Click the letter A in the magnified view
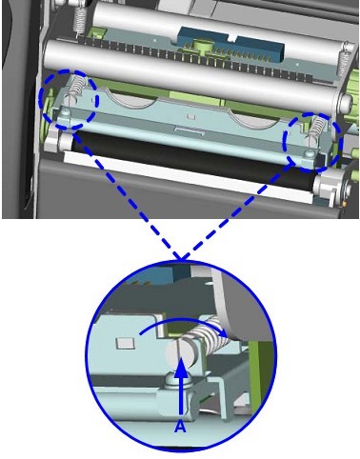180,426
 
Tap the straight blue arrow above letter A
180,386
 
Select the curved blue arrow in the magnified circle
184,327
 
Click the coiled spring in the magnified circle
208,334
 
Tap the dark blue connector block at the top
231,44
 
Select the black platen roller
193,159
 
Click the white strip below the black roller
188,177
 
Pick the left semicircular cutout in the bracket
130,99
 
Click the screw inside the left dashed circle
66,111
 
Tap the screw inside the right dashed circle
309,154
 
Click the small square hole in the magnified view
123,343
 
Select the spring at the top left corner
80,18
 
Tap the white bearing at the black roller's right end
327,188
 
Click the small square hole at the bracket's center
191,116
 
